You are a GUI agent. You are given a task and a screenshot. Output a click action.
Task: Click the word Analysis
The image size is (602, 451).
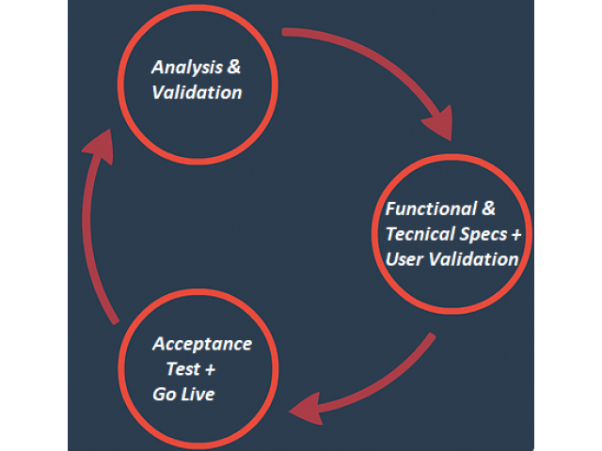(x=187, y=68)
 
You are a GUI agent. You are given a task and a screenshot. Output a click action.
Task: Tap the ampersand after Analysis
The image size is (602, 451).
(x=234, y=67)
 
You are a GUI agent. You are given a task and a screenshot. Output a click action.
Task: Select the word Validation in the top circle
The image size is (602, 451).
(x=197, y=92)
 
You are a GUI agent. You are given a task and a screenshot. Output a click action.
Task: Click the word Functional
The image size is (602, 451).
(x=431, y=209)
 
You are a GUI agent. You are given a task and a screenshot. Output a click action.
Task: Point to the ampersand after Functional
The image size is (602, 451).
(x=488, y=209)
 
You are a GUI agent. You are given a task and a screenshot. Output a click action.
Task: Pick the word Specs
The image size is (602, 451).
(x=483, y=234)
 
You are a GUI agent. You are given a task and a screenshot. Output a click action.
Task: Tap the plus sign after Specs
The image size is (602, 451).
(x=516, y=235)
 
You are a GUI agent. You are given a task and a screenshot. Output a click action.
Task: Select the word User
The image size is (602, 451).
(x=404, y=259)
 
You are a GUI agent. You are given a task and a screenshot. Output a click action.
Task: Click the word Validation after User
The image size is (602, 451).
(x=473, y=259)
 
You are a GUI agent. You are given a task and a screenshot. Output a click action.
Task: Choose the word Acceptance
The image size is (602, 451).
(x=202, y=344)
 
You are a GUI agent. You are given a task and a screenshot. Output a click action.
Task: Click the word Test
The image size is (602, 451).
(x=183, y=369)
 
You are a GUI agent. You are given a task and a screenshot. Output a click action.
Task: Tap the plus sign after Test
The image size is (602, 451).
(x=210, y=369)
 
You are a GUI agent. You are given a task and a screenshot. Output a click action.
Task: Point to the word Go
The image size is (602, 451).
(x=165, y=395)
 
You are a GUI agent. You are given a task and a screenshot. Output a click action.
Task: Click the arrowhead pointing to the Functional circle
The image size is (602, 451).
(x=440, y=123)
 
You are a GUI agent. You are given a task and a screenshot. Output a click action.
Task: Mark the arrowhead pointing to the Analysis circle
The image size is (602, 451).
(x=100, y=146)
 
